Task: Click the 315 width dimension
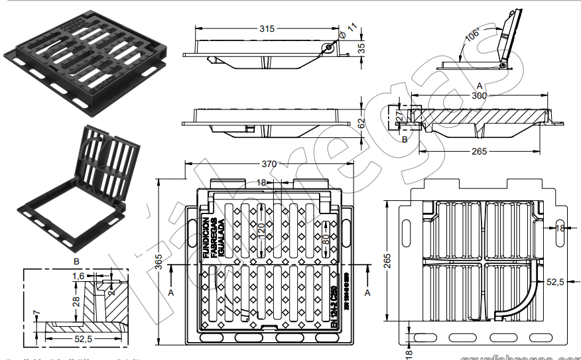267,29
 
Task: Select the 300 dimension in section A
479,95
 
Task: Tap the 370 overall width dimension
268,163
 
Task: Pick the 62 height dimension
362,123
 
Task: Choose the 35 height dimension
362,48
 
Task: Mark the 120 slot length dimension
261,230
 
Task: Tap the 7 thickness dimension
36,312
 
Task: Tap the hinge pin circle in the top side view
328,48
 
